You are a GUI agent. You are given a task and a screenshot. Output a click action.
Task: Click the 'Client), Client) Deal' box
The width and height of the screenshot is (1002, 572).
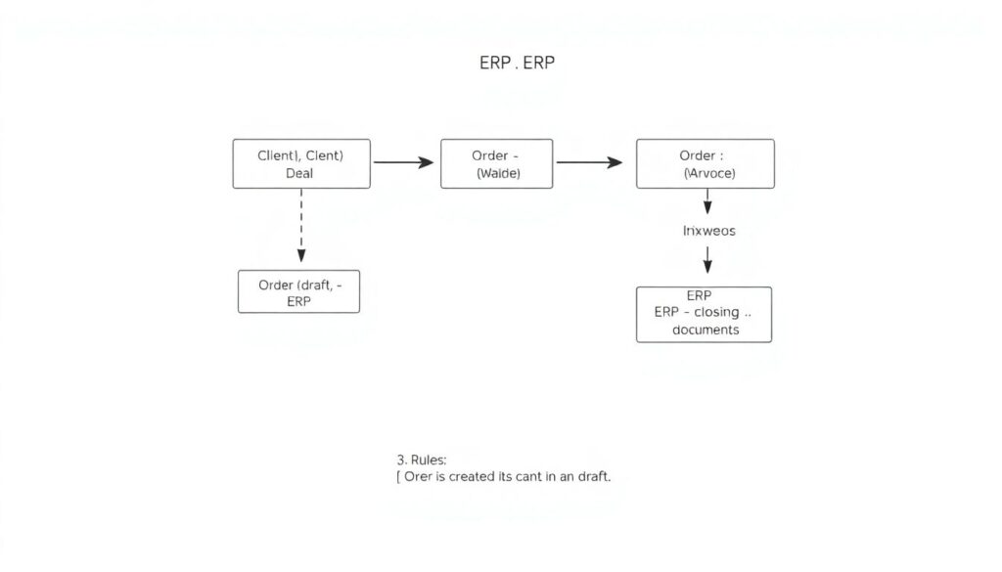(301, 163)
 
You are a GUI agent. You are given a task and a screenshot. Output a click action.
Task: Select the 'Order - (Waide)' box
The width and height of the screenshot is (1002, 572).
(496, 163)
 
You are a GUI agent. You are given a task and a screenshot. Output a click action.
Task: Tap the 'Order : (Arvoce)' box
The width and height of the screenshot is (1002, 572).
(705, 163)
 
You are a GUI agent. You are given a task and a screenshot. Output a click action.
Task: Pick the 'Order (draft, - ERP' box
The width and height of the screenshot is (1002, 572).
(298, 291)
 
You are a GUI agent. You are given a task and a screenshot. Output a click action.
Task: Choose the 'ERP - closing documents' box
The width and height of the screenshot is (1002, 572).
(704, 314)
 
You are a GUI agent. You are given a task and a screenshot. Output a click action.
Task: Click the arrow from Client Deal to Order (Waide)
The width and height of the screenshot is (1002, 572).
(403, 162)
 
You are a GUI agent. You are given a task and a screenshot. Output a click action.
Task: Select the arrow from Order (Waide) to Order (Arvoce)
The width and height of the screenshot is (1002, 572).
(589, 162)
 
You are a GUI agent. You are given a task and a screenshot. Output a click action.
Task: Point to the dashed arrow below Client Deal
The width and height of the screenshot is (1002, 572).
(301, 226)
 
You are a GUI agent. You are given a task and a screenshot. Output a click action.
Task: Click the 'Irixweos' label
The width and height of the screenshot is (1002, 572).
(707, 232)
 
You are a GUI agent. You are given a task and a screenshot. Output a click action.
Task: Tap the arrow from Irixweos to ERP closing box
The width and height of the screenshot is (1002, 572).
(707, 260)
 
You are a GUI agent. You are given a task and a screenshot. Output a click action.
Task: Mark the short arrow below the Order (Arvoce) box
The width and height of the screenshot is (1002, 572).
(707, 202)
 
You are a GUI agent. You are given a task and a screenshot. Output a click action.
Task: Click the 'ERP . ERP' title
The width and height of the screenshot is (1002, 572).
(518, 63)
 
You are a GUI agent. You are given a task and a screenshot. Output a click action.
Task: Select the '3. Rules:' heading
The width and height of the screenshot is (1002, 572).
(421, 459)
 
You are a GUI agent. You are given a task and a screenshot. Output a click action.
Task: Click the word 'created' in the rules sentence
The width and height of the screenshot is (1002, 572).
(481, 476)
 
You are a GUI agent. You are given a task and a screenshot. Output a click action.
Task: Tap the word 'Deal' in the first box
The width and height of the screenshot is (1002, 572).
(299, 173)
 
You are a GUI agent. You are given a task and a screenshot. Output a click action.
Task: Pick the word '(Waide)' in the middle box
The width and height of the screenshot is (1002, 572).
(498, 173)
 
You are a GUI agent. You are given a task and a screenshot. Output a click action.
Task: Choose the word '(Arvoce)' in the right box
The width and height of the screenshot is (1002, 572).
(708, 173)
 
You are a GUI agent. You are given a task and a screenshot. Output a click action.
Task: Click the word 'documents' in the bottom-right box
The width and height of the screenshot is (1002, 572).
(705, 330)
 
